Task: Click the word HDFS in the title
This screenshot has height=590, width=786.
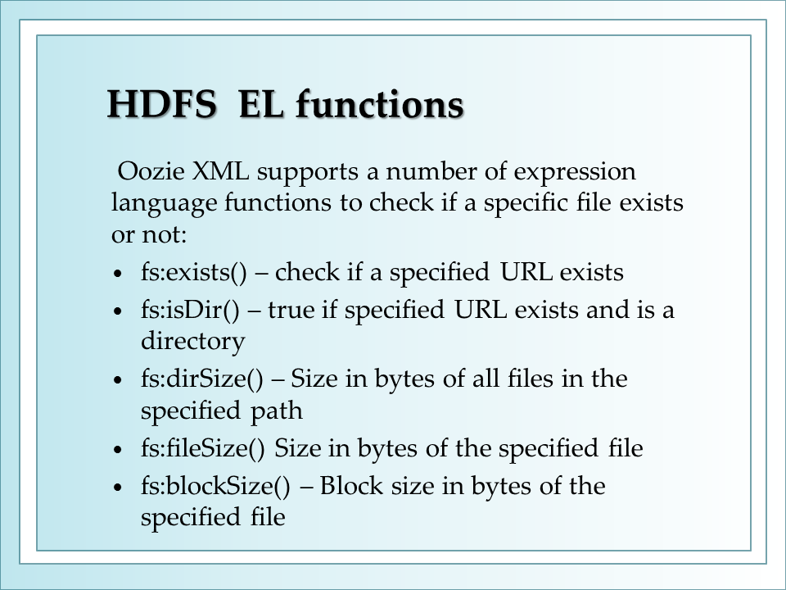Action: (162, 104)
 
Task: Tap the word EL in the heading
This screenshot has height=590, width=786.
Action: (261, 104)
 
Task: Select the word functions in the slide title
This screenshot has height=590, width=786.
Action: (380, 104)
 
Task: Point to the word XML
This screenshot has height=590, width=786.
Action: (221, 171)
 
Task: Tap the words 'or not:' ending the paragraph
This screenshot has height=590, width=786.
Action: (149, 234)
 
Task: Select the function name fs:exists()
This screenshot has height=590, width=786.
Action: (194, 273)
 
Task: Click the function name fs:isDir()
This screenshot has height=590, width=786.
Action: (191, 310)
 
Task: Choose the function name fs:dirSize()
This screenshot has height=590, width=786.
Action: (202, 379)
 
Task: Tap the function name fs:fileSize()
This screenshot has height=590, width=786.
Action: (202, 448)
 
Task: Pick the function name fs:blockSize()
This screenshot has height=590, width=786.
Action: (215, 486)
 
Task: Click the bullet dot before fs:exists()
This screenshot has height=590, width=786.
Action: (118, 274)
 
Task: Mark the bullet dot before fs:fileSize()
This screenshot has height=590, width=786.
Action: (118, 450)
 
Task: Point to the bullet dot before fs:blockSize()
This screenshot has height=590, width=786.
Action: (118, 487)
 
